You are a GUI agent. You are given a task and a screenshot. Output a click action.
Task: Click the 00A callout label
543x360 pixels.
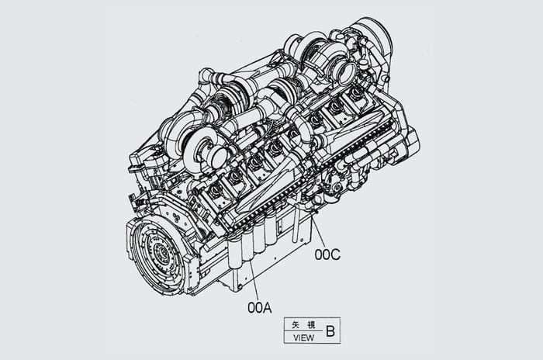(260, 307)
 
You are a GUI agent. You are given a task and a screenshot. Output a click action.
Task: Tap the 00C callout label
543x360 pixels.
(327, 254)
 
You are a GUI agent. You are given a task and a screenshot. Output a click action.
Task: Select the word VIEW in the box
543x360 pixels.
(304, 337)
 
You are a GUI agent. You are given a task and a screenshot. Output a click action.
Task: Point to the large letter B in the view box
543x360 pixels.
(330, 331)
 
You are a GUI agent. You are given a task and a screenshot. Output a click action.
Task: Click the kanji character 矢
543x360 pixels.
(296, 325)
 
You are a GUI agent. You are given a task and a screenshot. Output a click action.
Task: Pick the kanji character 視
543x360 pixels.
(311, 325)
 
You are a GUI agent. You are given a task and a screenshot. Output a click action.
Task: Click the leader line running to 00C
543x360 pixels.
(318, 231)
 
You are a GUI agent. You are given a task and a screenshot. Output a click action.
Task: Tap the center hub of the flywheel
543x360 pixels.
(159, 252)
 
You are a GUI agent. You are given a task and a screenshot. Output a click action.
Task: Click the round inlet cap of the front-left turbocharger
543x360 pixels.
(219, 158)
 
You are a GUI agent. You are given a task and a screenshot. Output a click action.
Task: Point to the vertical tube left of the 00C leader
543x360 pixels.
(296, 222)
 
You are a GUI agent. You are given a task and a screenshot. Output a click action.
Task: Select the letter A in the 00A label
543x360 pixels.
(268, 307)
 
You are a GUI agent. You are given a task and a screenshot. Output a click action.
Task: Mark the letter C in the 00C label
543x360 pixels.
(336, 254)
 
